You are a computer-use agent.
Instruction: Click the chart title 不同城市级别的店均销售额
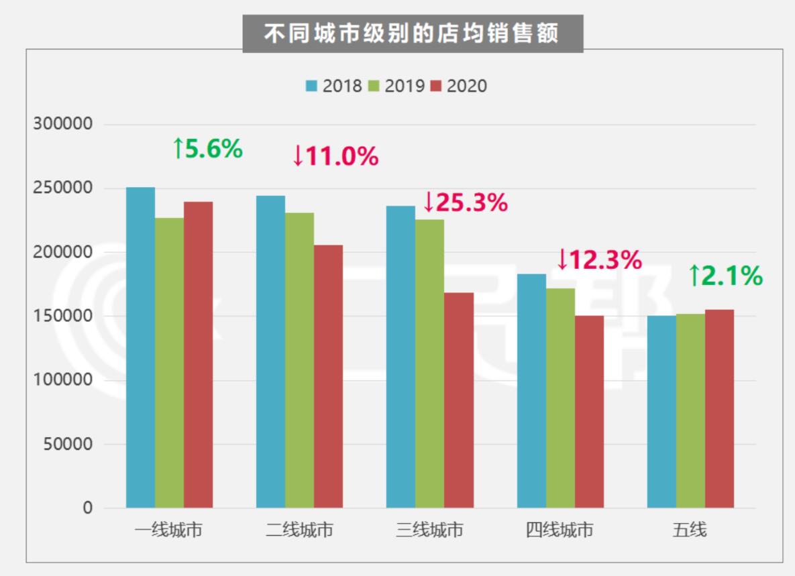tap(412, 34)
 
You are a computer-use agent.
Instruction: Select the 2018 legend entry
tap(334, 87)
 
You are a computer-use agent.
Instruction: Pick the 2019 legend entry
tap(396, 87)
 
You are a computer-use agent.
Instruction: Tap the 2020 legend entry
tap(459, 87)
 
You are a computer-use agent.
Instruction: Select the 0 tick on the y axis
tap(88, 508)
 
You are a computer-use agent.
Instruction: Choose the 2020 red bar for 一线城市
tap(198, 355)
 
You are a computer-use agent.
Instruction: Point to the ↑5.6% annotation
tap(207, 149)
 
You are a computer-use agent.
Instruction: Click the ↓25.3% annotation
tap(465, 203)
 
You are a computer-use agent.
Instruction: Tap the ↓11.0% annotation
tap(335, 156)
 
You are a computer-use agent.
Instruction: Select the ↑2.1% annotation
tap(725, 276)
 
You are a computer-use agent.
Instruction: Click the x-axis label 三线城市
tap(429, 530)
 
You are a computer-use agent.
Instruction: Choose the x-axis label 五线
tap(690, 530)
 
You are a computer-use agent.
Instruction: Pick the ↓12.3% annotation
tap(599, 260)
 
